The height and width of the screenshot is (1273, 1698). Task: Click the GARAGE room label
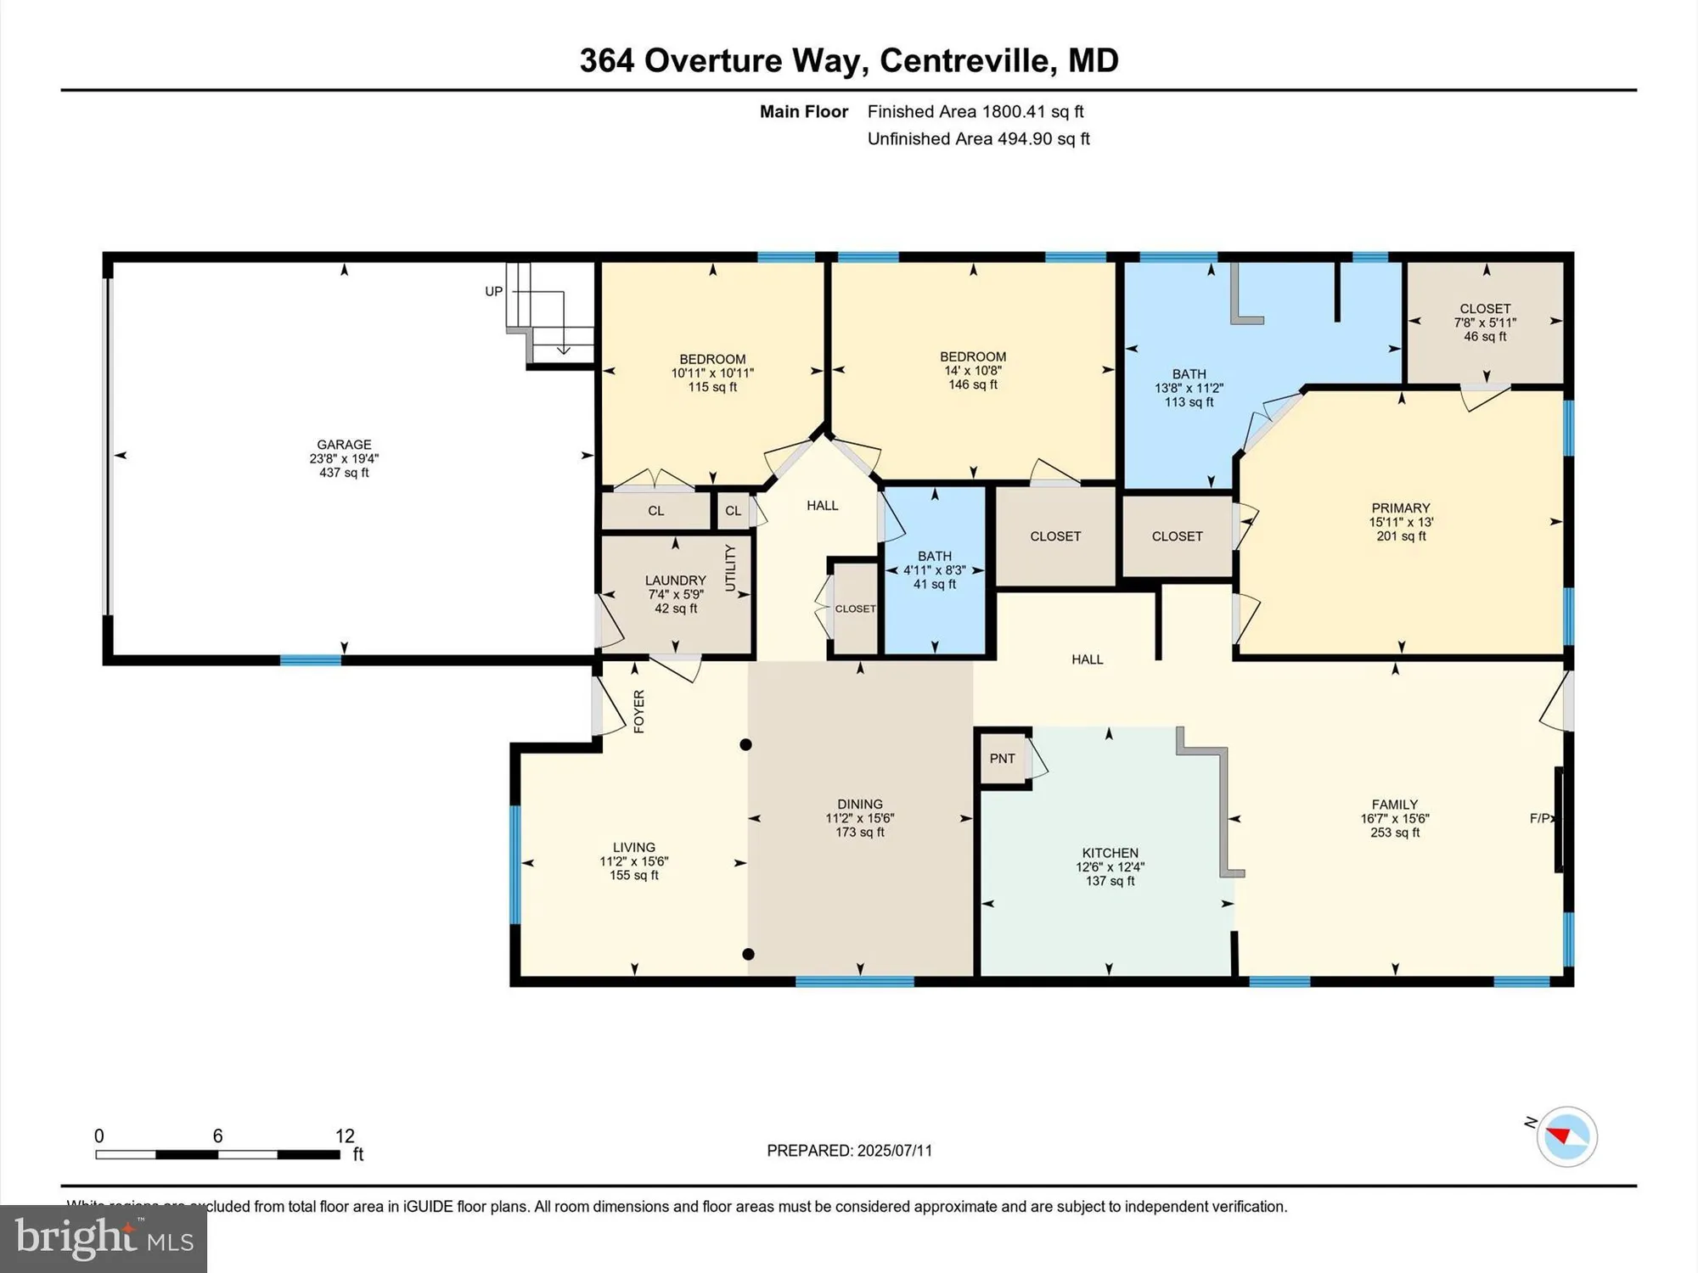(344, 444)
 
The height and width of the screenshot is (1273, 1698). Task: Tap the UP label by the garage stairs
(493, 291)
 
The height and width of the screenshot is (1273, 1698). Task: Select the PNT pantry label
(1002, 759)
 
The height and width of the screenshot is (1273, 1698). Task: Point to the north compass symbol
(1566, 1136)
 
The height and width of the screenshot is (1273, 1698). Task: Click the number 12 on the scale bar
(345, 1136)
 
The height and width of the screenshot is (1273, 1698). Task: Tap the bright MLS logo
(104, 1239)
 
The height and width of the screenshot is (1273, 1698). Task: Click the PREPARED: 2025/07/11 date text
(849, 1151)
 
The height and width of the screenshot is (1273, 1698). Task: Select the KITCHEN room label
(1110, 853)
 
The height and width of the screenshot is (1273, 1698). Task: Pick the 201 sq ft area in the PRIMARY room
(1401, 536)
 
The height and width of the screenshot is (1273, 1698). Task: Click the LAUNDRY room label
(675, 580)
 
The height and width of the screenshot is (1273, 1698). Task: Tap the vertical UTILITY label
(730, 568)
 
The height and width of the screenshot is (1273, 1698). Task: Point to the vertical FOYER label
(639, 711)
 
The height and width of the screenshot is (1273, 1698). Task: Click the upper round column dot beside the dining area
(745, 744)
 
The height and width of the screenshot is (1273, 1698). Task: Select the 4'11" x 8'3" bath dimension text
(934, 570)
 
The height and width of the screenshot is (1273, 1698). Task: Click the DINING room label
(859, 804)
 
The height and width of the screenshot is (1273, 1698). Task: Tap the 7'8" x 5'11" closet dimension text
(1485, 322)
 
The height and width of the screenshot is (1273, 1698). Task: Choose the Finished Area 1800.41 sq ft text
(976, 111)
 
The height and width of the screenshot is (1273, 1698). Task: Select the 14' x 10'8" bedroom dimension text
(973, 371)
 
